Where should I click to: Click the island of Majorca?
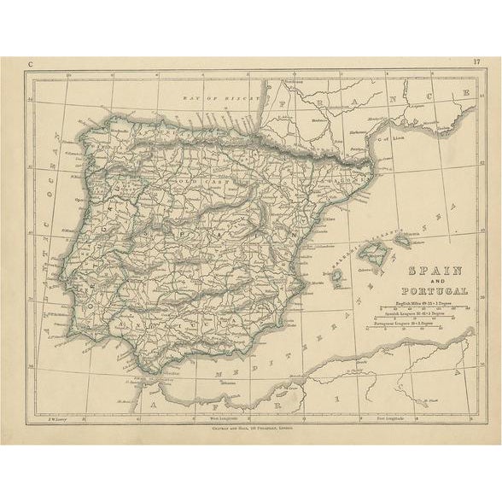click(373, 253)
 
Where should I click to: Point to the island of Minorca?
click(402, 242)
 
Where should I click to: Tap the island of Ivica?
click(337, 275)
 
